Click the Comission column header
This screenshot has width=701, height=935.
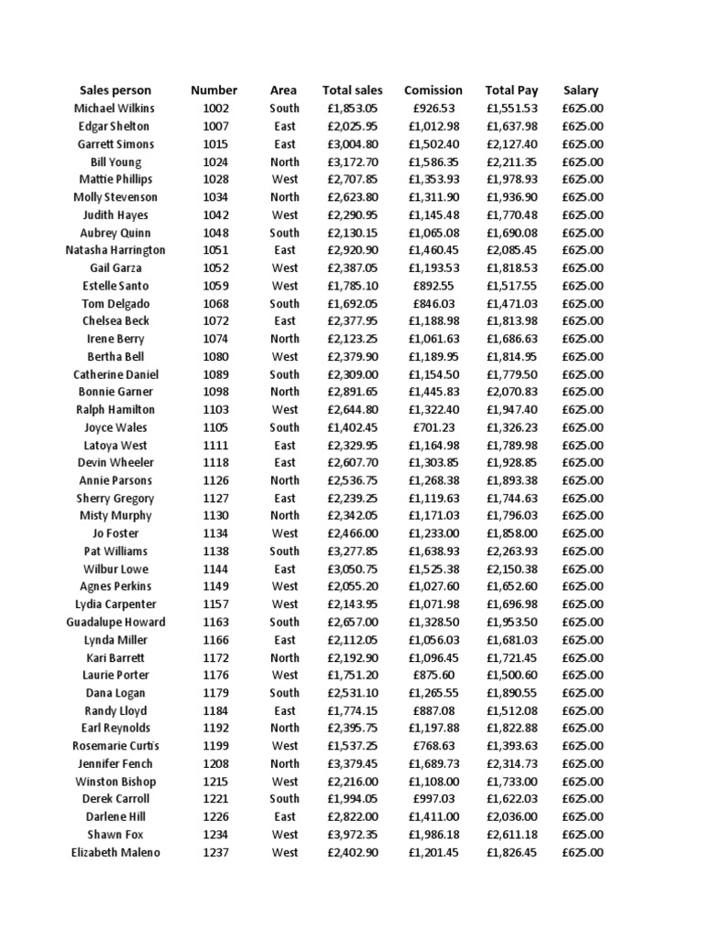click(x=433, y=90)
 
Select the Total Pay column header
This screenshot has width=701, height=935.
click(x=511, y=90)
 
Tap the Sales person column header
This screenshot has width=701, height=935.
click(x=115, y=90)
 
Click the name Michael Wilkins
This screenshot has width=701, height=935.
click(x=115, y=109)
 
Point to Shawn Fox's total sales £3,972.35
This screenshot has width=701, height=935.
click(x=352, y=835)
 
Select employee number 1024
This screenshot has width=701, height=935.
click(x=215, y=162)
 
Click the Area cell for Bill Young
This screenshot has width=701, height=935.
click(x=284, y=162)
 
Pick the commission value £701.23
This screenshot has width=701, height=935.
click(x=433, y=427)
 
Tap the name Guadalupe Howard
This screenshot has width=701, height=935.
click(x=115, y=622)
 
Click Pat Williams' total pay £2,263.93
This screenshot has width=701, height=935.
click(x=511, y=552)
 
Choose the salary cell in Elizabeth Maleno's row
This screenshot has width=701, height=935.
click(x=581, y=853)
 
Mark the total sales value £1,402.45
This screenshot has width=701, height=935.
click(x=352, y=427)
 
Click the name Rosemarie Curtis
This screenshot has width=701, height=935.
click(x=115, y=746)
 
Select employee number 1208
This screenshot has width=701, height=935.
click(x=215, y=763)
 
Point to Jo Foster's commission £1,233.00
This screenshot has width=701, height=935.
click(x=433, y=533)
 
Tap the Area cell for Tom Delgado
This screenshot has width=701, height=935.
click(x=284, y=303)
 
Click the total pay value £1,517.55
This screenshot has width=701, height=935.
click(x=511, y=286)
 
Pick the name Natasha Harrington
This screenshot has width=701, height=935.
click(x=115, y=250)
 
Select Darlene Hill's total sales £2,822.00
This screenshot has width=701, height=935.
click(x=352, y=817)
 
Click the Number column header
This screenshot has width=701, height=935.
click(x=214, y=90)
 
